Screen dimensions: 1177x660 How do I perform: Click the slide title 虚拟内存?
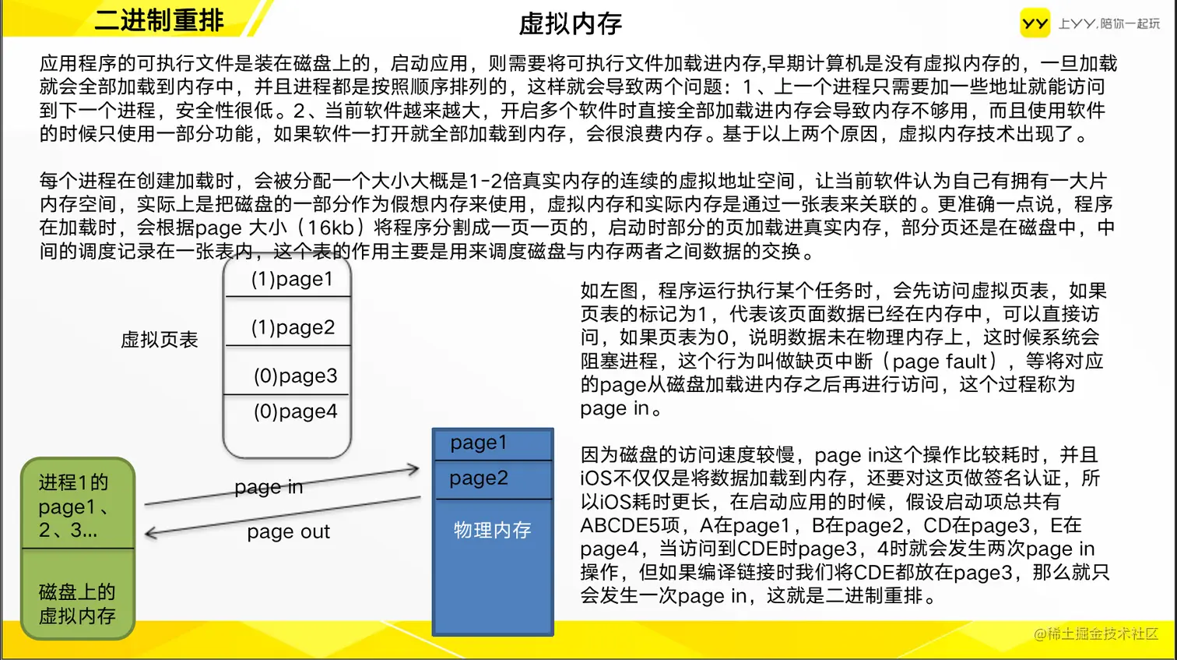tap(570, 23)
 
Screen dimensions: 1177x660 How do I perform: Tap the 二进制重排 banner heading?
tap(160, 20)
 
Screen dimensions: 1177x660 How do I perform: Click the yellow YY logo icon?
tap(1035, 23)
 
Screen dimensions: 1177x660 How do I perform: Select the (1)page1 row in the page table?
tap(292, 279)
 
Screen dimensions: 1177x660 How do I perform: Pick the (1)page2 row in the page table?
tap(293, 327)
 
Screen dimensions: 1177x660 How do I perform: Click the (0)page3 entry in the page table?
tap(295, 376)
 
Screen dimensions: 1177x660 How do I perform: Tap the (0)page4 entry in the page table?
tap(295, 411)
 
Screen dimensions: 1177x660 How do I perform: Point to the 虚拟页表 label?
tap(160, 340)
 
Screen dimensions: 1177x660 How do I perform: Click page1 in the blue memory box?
tap(478, 443)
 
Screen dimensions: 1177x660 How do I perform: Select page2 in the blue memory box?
tap(479, 478)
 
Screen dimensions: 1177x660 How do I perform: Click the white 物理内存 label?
tap(492, 530)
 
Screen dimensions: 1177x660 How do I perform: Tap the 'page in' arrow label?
tap(269, 487)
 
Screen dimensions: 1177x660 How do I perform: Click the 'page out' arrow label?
tap(289, 531)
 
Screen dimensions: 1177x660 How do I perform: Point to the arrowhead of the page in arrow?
tap(418, 468)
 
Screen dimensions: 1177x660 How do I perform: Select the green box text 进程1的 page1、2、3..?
tap(74, 506)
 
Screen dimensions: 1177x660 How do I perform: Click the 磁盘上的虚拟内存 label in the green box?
tap(77, 604)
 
